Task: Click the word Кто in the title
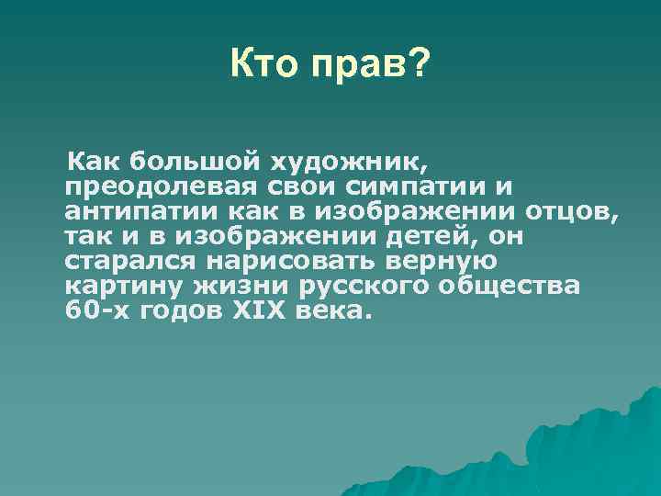point(266,64)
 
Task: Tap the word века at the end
point(336,310)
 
